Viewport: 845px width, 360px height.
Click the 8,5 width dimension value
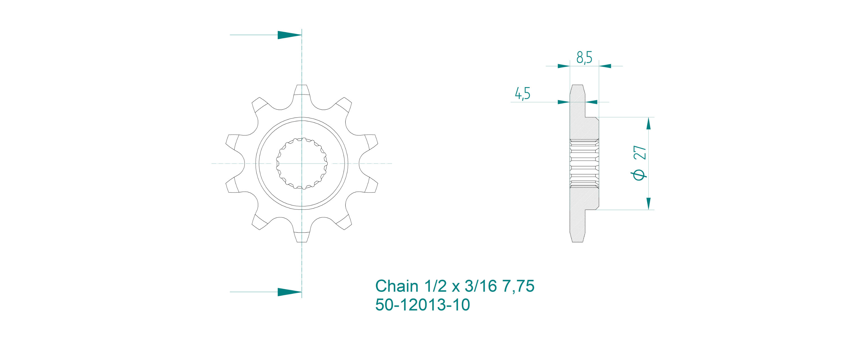[x=584, y=58]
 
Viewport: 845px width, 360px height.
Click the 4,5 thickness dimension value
[x=522, y=94]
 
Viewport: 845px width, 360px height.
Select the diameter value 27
[x=640, y=153]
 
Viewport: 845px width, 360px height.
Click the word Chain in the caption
[x=397, y=286]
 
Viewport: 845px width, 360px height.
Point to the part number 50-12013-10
[x=422, y=305]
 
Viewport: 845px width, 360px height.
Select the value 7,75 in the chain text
[x=518, y=286]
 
